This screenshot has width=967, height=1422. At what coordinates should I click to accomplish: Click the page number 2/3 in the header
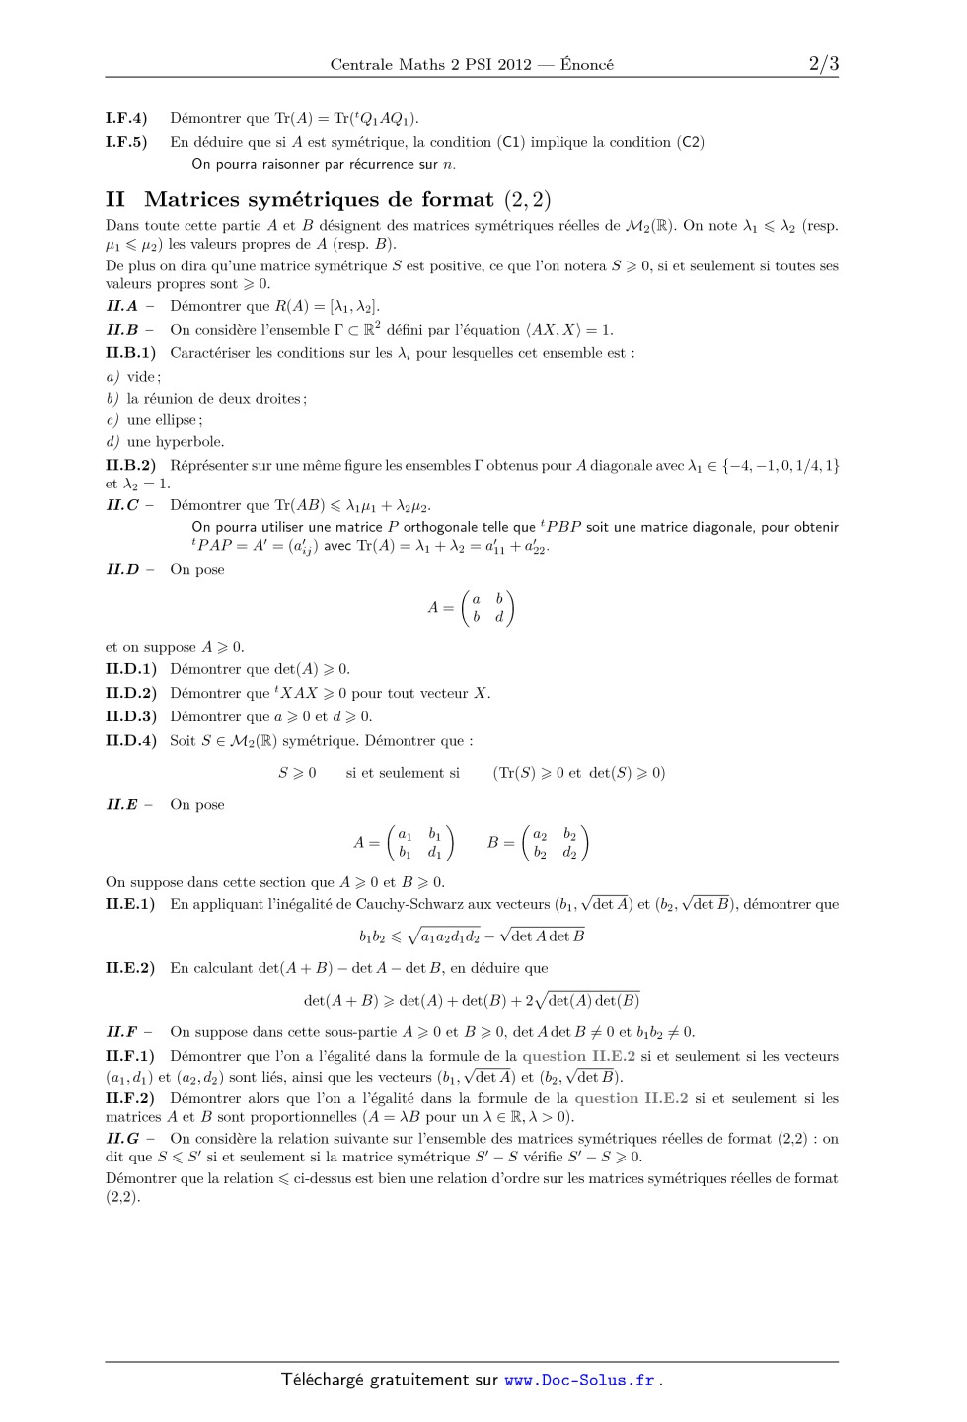tap(823, 64)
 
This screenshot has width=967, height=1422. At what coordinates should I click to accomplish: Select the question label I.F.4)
tap(126, 118)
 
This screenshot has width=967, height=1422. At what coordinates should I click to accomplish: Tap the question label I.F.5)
tap(126, 142)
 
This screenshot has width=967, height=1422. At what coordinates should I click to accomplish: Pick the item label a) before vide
tap(112, 377)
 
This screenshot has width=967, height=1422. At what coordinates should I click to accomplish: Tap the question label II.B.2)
tap(130, 465)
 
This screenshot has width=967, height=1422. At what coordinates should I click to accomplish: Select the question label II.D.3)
tap(130, 716)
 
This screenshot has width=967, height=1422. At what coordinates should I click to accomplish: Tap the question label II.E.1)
tap(130, 904)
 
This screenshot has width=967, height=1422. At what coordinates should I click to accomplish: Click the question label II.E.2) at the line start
tap(130, 968)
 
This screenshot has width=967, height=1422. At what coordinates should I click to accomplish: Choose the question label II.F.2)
tap(130, 1098)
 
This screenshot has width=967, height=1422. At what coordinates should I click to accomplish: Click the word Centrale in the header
tap(361, 65)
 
